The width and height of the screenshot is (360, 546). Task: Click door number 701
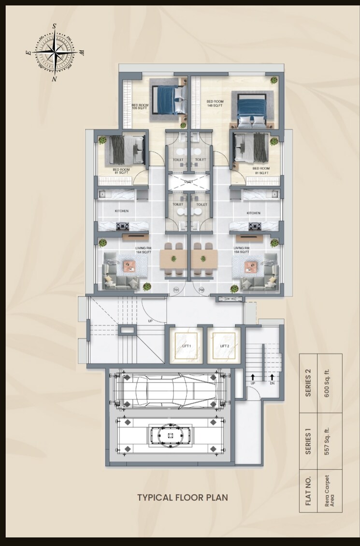176,290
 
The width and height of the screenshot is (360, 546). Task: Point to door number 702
202,290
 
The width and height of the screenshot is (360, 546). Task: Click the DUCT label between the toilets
189,182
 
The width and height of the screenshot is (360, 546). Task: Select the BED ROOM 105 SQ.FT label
140,106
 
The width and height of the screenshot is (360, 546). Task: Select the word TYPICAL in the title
154,497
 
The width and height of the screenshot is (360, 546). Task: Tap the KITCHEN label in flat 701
121,212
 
